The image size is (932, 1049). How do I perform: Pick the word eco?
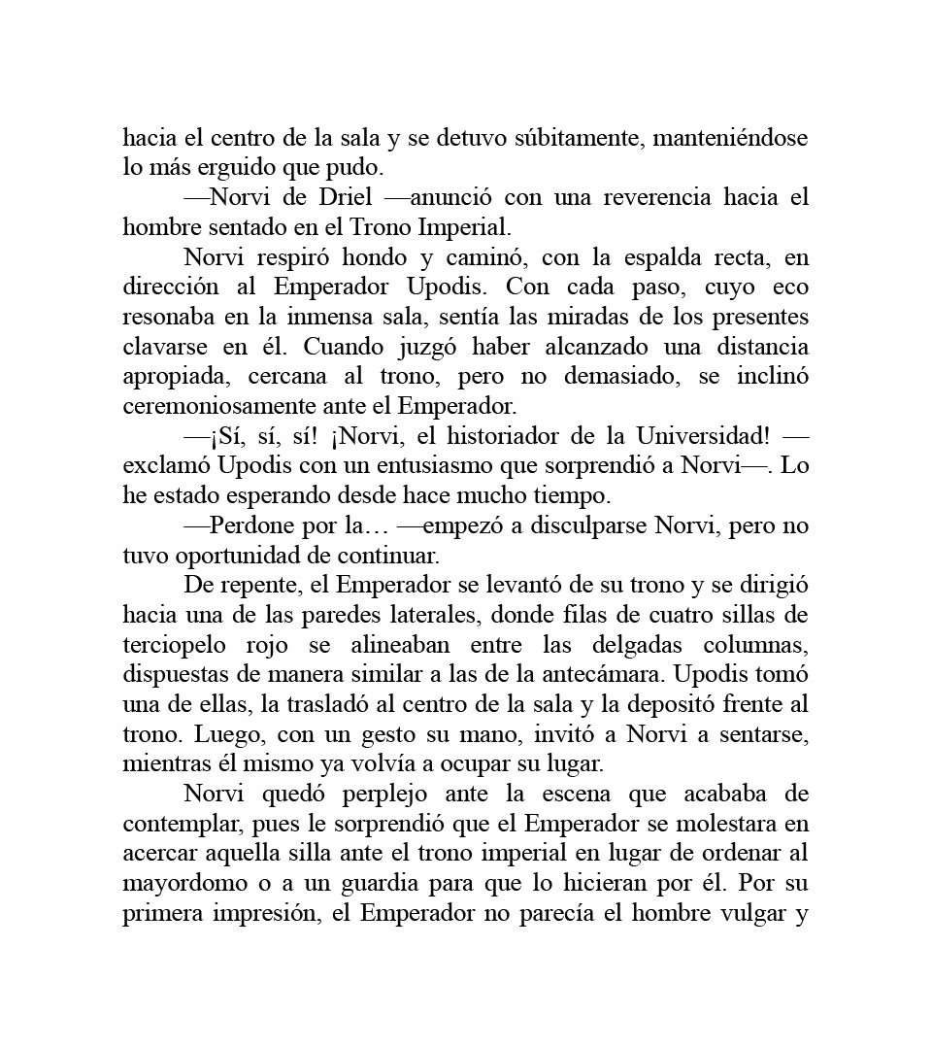(790, 288)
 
